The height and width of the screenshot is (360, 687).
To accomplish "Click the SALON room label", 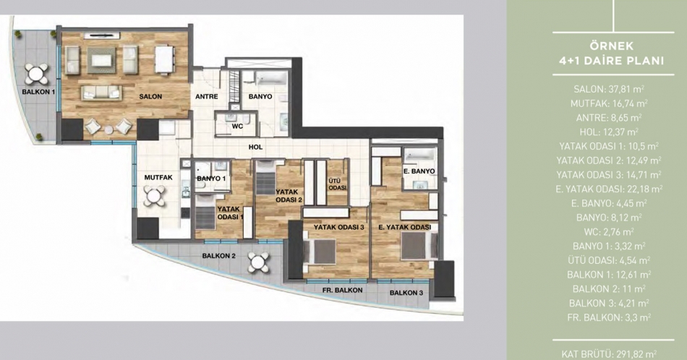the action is (x=150, y=96).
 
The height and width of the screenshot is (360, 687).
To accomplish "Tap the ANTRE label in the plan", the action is (x=206, y=96).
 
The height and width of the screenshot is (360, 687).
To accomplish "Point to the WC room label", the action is (x=237, y=126).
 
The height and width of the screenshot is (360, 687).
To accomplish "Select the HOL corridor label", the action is (x=255, y=147).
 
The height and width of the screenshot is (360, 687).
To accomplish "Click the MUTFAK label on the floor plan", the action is (x=158, y=177).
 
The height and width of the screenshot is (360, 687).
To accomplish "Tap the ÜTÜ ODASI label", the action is (x=338, y=184).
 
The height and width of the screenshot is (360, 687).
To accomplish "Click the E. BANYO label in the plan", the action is (x=419, y=171).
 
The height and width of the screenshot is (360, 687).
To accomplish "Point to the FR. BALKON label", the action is (x=342, y=290).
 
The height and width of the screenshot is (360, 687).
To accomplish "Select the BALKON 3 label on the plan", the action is (x=406, y=293).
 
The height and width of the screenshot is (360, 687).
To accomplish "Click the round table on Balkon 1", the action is (x=36, y=74).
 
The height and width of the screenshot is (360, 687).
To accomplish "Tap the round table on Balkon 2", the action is (x=258, y=262).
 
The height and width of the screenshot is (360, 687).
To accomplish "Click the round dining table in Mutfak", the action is (x=154, y=196).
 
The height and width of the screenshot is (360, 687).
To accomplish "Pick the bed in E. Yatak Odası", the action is (x=419, y=245).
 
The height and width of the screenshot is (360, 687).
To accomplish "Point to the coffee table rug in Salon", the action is (x=101, y=60).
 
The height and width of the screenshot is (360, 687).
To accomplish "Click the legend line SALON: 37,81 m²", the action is (x=609, y=90).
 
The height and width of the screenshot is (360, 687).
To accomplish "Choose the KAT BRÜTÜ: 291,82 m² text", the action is (x=609, y=354).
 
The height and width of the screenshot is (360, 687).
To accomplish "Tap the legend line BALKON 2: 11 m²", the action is (x=609, y=289).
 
